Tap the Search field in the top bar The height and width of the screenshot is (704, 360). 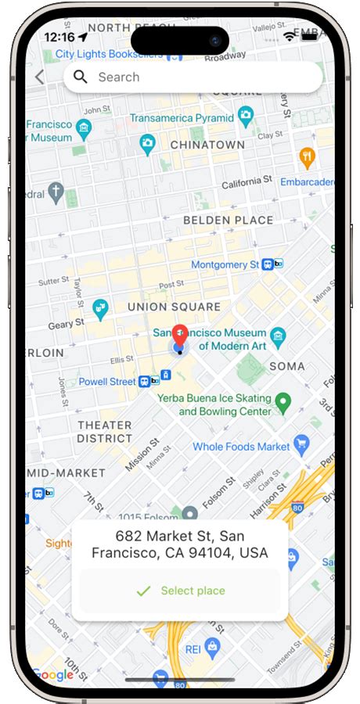196,77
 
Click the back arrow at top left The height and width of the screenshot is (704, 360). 40,77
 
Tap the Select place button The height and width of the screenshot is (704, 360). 180,591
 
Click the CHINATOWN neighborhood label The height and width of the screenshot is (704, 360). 207,145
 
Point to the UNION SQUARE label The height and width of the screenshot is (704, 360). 174,307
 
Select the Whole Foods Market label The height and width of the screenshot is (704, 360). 241,447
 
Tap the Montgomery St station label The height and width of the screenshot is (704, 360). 225,265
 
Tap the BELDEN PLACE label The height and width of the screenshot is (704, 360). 228,221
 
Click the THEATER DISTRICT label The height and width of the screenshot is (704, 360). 104,432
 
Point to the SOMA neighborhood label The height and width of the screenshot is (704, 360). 286,366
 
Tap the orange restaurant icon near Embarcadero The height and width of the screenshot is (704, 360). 307,157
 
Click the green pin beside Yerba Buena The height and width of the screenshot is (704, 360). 284,403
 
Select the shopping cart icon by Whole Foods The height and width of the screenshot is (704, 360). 302,447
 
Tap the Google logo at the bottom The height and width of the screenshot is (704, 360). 52,675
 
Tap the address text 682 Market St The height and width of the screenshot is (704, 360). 179,544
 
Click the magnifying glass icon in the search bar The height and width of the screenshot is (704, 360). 80,77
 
